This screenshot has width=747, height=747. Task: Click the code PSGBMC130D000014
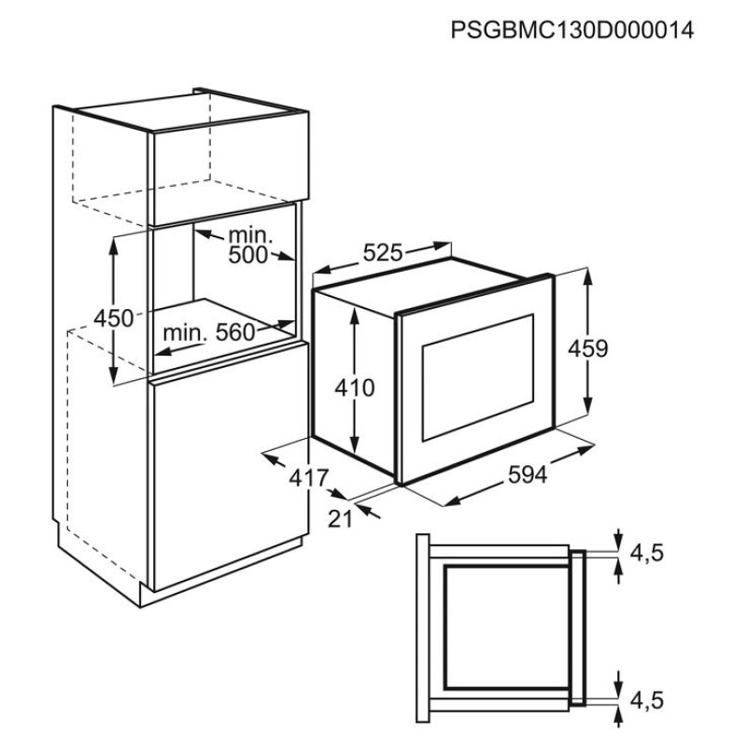[572, 31]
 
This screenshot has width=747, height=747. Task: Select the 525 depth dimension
[383, 252]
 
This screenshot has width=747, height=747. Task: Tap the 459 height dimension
[588, 348]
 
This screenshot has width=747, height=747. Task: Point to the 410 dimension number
[355, 388]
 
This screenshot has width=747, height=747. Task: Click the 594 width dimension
[528, 474]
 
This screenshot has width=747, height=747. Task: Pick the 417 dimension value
[309, 478]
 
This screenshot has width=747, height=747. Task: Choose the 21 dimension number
[340, 519]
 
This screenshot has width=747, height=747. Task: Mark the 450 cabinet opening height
[113, 318]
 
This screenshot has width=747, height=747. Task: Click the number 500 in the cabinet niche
[248, 255]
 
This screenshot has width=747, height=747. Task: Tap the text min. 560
[208, 332]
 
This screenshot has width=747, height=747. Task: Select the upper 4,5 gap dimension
[647, 553]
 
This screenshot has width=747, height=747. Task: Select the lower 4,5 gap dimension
[647, 700]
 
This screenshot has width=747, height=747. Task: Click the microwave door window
[477, 377]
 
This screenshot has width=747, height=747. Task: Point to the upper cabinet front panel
[231, 169]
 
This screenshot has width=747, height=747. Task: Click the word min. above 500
[250, 235]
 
